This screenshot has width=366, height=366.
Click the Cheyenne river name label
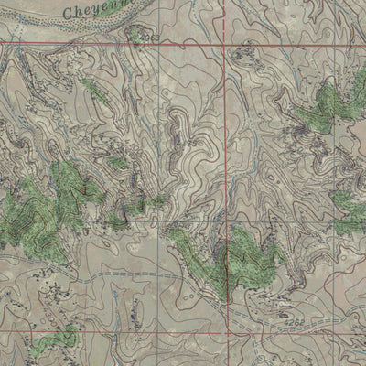click(x=95, y=10)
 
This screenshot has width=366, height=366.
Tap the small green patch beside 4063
click(x=136, y=35)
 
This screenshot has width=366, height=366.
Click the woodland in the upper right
click(x=320, y=110)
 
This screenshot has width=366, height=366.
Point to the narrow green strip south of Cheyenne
click(x=91, y=89)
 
